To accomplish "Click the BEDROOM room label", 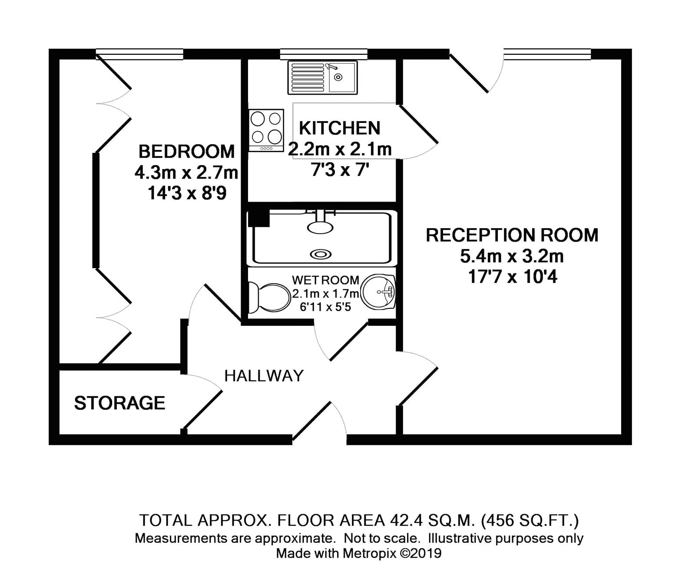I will point(186,152).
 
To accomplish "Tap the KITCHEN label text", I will point(339,128).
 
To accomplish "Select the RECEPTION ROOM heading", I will point(512,235).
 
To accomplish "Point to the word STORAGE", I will point(119,403).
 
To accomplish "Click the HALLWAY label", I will point(264,375).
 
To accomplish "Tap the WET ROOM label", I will point(325,280).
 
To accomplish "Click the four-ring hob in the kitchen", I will point(266,129).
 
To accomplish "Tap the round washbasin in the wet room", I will point(378,292).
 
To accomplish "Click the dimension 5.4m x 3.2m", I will point(512,256).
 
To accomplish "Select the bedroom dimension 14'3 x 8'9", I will point(186,193).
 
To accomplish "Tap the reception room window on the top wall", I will point(547,54).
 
